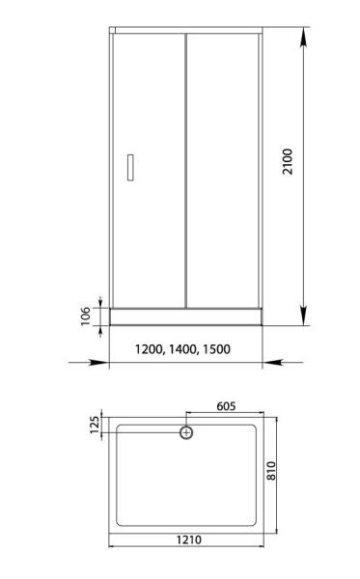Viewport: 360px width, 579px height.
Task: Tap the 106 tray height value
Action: pyautogui.click(x=86, y=316)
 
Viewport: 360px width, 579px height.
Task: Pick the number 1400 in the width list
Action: pyautogui.click(x=181, y=349)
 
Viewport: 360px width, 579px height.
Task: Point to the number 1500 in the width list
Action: pyautogui.click(x=215, y=349)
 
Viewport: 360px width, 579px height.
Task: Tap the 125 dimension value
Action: pyautogui.click(x=95, y=426)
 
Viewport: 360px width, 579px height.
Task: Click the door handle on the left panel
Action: pyautogui.click(x=129, y=166)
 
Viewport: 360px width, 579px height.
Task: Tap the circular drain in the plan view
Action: pyautogui.click(x=186, y=432)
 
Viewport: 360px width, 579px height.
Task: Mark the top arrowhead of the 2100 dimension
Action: pyautogui.click(x=304, y=37)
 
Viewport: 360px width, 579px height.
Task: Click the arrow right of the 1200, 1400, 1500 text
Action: pyautogui.click(x=274, y=363)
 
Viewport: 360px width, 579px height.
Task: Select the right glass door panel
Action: pyautogui.click(x=222, y=164)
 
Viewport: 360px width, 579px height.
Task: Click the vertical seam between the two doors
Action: pyautogui.click(x=185, y=164)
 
